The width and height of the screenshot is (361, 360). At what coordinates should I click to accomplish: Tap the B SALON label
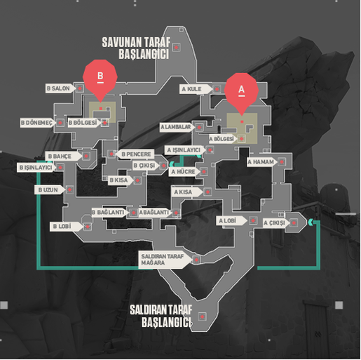[60, 88]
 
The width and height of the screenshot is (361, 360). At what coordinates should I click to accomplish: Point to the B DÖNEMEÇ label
[38, 123]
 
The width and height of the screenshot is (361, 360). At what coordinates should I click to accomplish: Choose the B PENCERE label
[135, 154]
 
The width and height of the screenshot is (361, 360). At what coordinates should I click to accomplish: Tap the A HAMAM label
[262, 162]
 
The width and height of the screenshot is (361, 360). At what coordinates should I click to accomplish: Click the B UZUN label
[50, 189]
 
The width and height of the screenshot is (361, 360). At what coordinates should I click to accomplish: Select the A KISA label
[187, 192]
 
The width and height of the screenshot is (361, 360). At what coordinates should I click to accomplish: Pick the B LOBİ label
[66, 227]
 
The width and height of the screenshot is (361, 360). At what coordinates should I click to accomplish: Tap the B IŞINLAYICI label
[36, 168]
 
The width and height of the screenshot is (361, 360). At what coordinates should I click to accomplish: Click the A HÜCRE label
[184, 172]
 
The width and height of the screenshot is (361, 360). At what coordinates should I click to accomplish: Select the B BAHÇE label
[63, 156]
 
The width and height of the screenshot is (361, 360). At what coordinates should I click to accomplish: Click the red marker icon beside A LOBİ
[252, 220]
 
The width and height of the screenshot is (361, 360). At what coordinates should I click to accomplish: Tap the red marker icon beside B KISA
[137, 180]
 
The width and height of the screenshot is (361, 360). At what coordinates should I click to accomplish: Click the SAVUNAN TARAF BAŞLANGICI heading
[137, 48]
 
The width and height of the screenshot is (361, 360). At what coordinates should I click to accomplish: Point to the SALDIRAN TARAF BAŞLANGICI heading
[161, 316]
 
